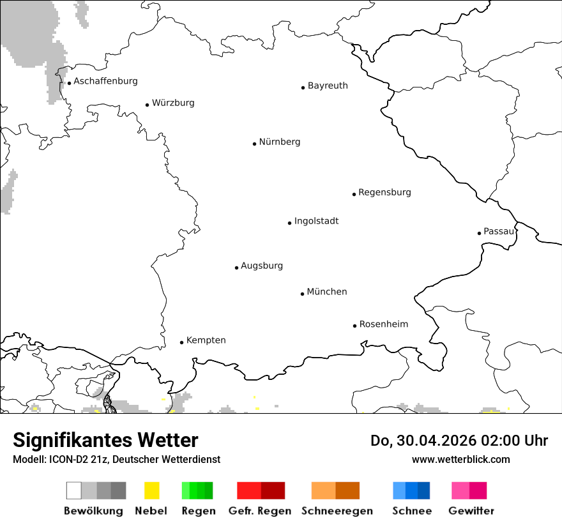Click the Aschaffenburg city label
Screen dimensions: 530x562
(105, 81)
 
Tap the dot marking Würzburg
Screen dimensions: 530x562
(147, 105)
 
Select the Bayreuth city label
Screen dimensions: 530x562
(328, 86)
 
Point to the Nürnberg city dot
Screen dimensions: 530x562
(254, 144)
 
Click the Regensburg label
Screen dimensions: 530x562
(384, 192)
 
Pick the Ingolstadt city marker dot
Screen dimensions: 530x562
(289, 223)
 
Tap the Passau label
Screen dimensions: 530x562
(499, 231)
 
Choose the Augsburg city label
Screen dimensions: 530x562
(262, 266)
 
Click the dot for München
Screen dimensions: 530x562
(302, 294)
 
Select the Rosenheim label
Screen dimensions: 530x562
(383, 324)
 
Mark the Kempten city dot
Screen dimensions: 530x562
(181, 342)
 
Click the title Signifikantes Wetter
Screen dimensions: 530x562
(105, 441)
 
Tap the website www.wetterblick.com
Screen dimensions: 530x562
(460, 459)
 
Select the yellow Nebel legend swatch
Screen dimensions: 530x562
(151, 490)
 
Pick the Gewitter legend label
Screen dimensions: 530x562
(471, 511)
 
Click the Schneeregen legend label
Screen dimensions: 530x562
(337, 511)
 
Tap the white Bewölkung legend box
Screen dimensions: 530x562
(74, 490)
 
